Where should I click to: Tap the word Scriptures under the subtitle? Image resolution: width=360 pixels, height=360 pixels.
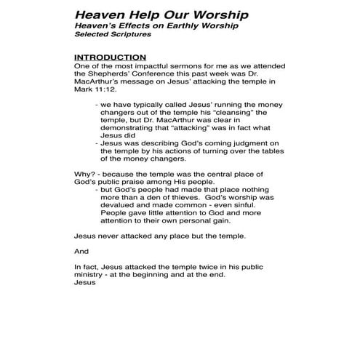(127, 35)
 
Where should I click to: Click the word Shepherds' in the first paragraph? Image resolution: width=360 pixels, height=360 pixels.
(116, 75)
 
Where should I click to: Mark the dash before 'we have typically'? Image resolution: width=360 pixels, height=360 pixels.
(97, 105)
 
